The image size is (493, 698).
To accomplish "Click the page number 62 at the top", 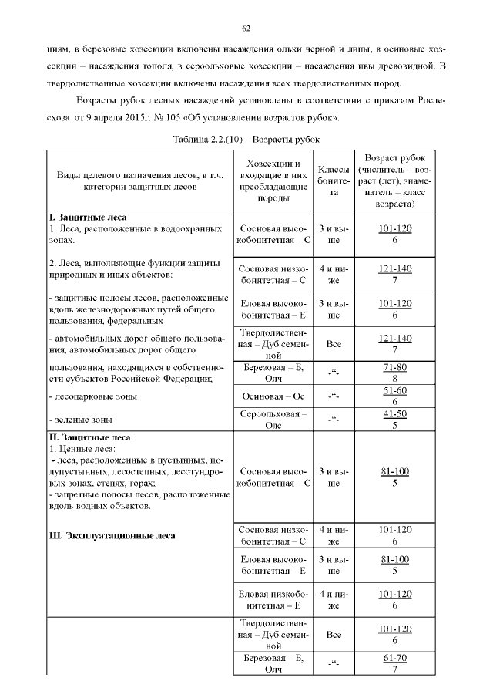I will (246, 29).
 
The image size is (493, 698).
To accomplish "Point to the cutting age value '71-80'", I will (394, 368).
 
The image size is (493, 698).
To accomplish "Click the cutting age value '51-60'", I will (394, 391).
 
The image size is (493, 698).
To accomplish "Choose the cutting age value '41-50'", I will (394, 414).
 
